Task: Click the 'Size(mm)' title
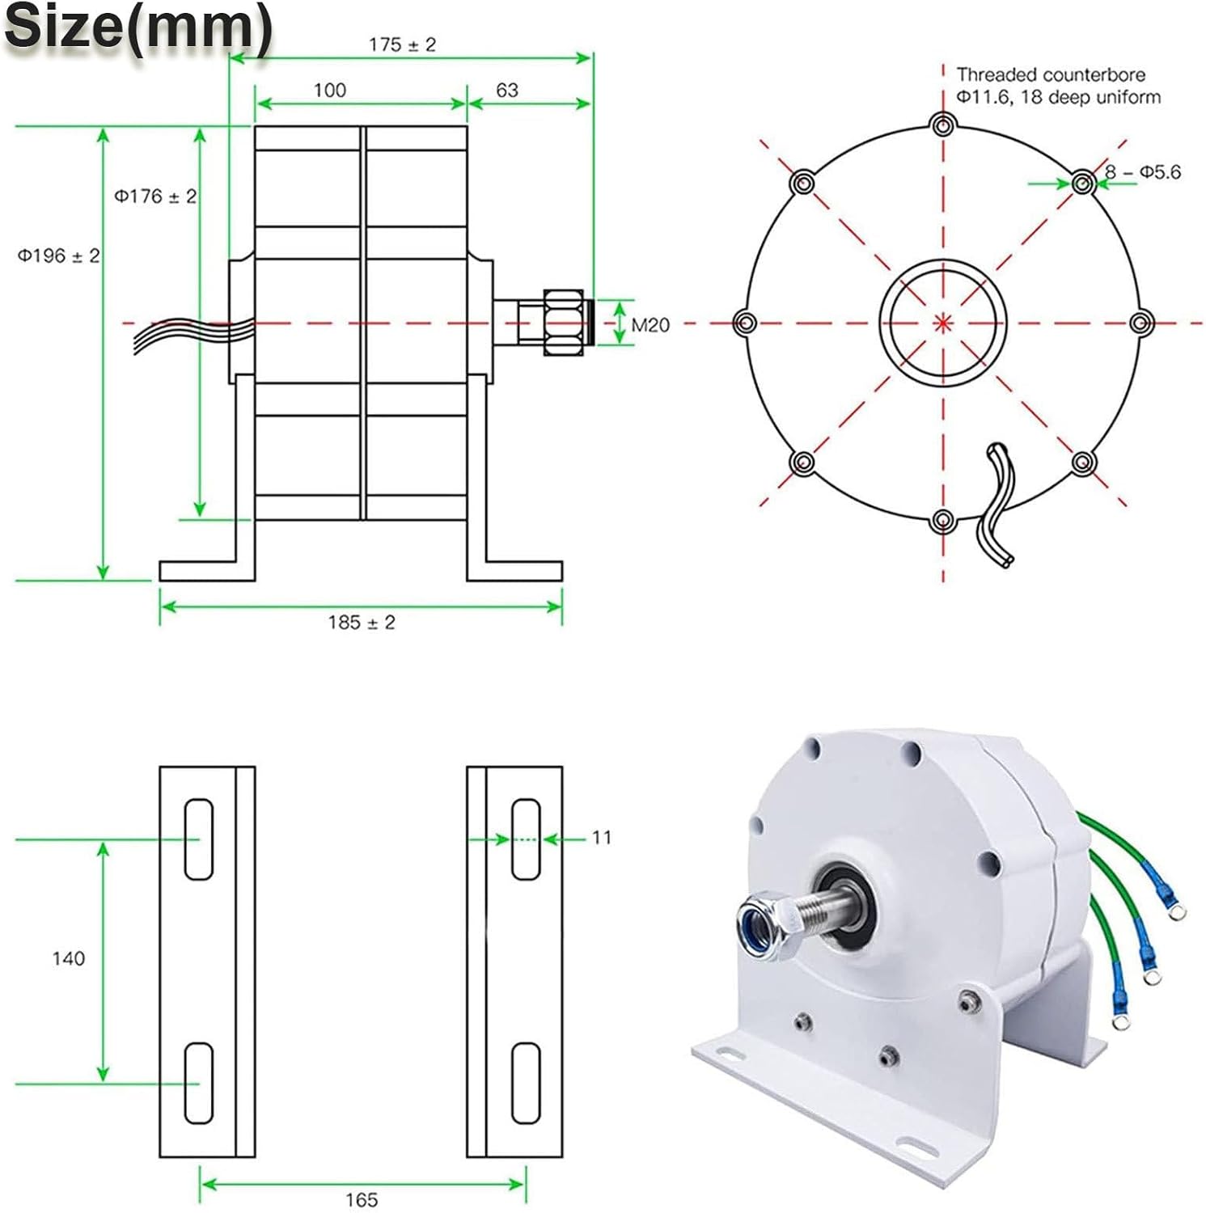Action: coord(138,28)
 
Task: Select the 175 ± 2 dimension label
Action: coord(402,44)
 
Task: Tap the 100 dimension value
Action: coord(329,90)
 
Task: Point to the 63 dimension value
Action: coord(507,90)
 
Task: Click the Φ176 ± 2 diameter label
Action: coord(155,197)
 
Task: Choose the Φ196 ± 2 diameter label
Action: coord(59,256)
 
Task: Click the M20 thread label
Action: coord(650,325)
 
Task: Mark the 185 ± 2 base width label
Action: coord(362,622)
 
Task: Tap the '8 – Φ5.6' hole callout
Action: coord(1143,172)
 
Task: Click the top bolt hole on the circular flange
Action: coord(942,125)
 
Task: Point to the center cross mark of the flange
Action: coord(943,323)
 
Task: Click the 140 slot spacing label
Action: coord(68,958)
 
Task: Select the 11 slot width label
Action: coord(601,837)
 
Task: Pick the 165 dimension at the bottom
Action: coord(362,1199)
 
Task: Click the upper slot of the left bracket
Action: coord(199,839)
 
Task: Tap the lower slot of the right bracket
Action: coord(526,1083)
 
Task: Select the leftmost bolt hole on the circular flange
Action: coord(745,323)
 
